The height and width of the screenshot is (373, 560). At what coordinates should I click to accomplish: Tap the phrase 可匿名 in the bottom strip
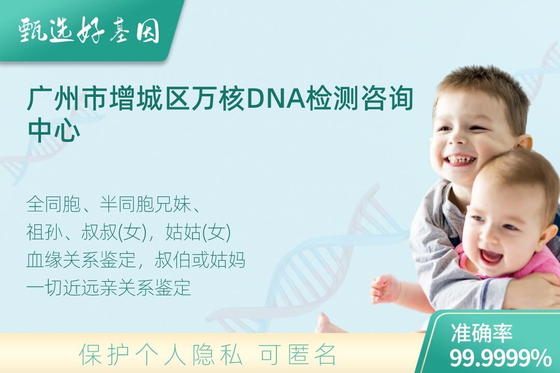pyautogui.click(x=298, y=355)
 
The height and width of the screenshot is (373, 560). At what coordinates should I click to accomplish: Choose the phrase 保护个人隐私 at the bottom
pyautogui.click(x=160, y=355)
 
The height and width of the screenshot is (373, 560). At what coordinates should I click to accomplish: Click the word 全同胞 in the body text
pyautogui.click(x=53, y=205)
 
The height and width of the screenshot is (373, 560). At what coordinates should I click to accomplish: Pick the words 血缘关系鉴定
pyautogui.click(x=81, y=260)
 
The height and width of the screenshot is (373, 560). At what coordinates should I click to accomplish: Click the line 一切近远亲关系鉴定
pyautogui.click(x=108, y=288)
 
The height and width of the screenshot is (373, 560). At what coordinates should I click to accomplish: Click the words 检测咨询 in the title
pyautogui.click(x=359, y=98)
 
